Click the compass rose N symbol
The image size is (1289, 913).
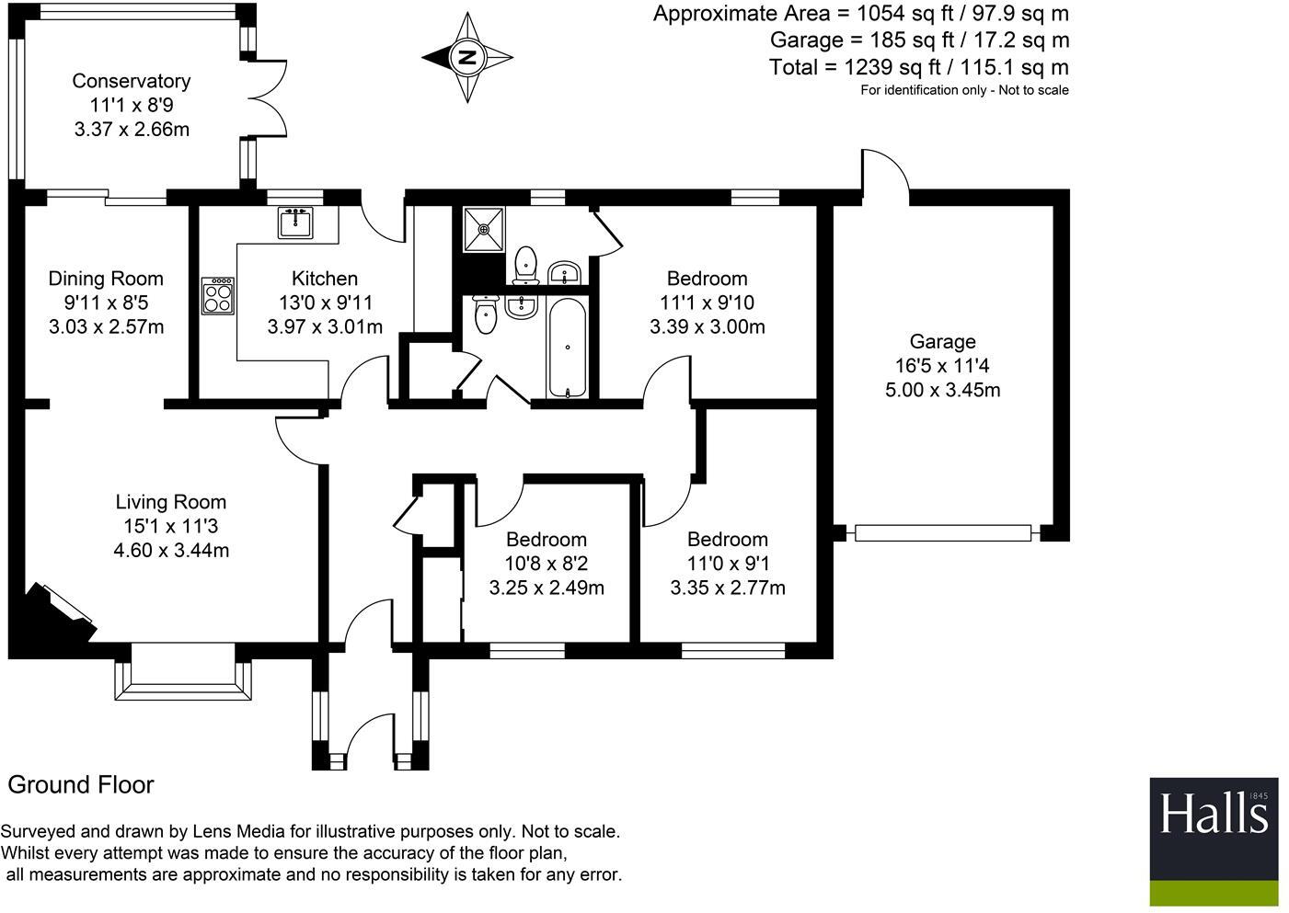[466, 58]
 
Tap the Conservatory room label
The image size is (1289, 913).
[132, 81]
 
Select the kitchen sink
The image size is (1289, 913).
[295, 223]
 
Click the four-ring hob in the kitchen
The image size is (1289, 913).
[218, 295]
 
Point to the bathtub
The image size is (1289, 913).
[568, 348]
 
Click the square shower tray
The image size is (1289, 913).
[484, 230]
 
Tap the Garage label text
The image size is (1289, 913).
[942, 341]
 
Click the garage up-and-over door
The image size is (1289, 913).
[942, 533]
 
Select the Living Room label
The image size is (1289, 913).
[171, 502]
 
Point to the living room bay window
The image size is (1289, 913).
[183, 673]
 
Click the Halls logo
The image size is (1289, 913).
[1214, 841]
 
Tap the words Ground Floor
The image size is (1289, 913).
[81, 785]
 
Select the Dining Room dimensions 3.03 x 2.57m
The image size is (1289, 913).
[107, 327]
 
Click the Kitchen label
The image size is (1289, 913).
[325, 279]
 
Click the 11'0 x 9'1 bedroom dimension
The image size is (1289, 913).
[728, 564]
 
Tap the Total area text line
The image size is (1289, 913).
[919, 67]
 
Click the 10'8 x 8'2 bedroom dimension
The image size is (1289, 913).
[547, 564]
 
